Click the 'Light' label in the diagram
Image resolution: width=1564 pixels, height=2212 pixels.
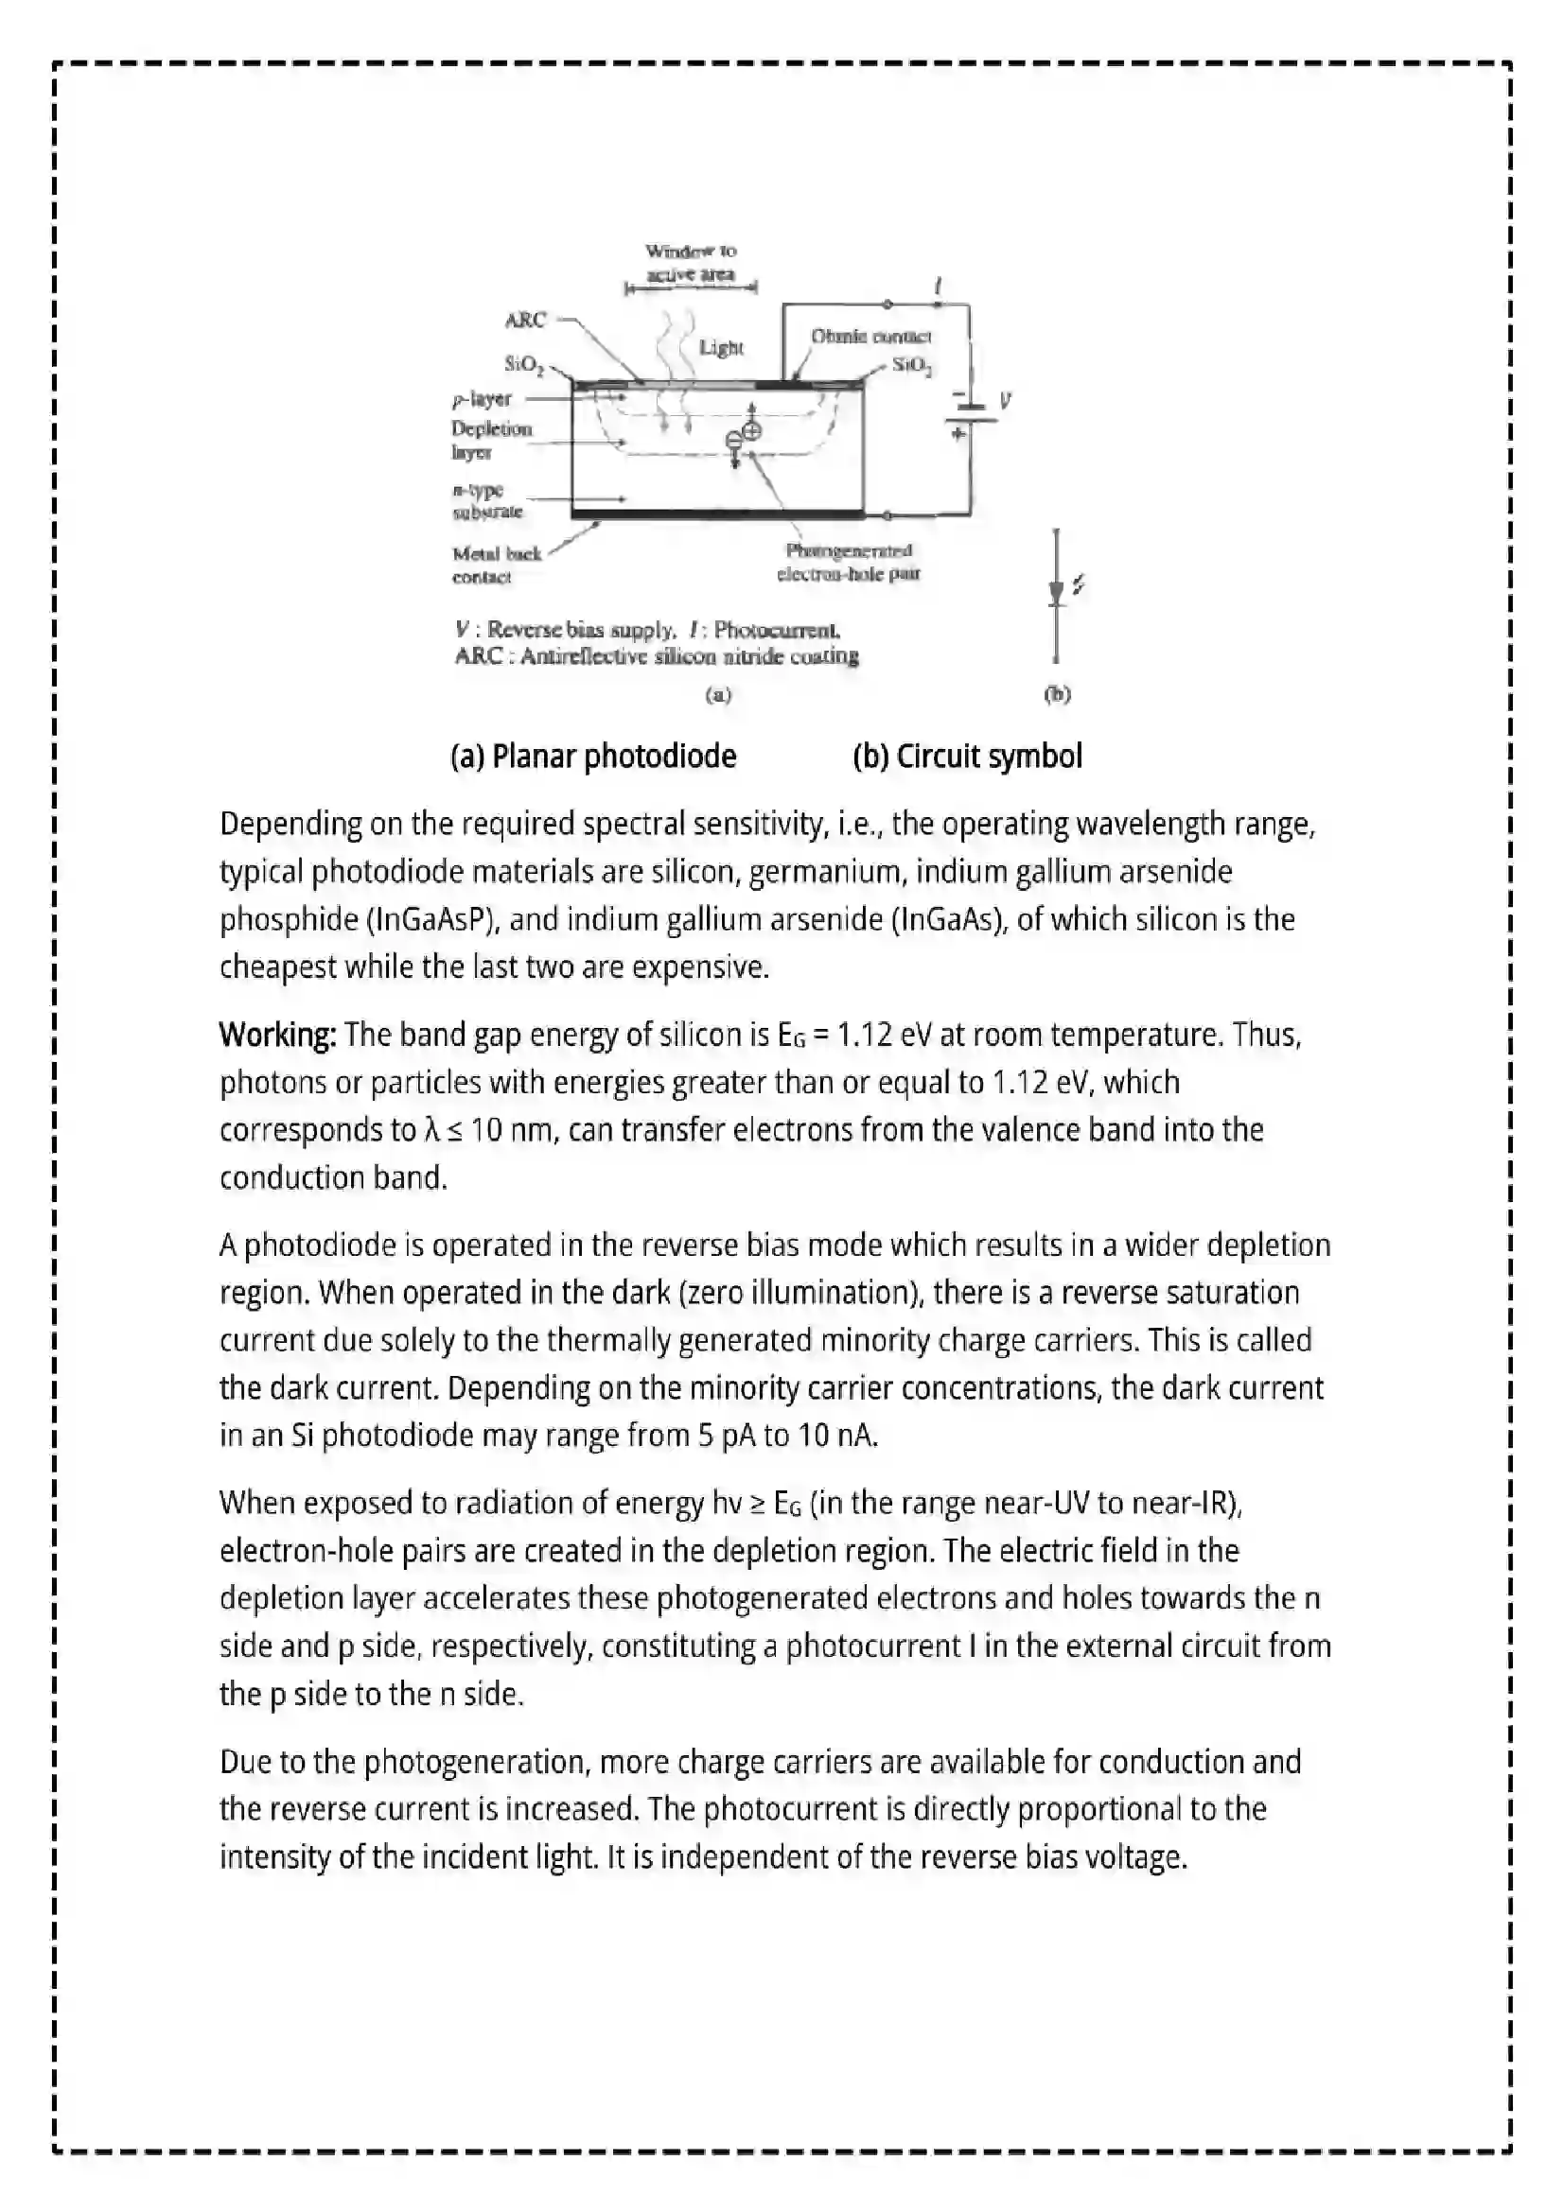coord(721,348)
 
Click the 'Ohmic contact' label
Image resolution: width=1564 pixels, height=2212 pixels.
coord(870,337)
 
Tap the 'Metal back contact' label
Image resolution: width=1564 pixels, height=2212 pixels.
coord(496,566)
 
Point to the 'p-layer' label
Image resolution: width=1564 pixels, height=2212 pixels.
coord(482,399)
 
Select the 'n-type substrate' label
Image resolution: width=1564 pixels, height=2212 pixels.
coord(486,501)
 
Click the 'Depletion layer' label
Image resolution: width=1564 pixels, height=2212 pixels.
coord(490,441)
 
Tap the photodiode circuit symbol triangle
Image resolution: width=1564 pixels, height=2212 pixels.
coord(1056,591)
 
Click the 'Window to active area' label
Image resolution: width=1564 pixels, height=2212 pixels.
coord(690,262)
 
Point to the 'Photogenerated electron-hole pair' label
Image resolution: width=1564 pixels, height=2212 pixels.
coord(848,562)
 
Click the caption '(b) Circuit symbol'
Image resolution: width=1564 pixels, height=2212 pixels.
coord(967,757)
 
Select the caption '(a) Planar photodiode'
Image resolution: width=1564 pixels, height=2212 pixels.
coord(592,757)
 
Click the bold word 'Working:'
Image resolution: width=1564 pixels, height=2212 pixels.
coord(277,1035)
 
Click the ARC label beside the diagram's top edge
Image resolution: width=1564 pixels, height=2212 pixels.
coord(525,320)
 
